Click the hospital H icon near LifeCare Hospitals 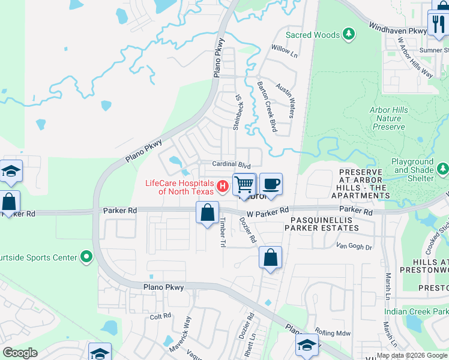pyautogui.click(x=223, y=187)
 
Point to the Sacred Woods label pyautogui.click(x=313, y=35)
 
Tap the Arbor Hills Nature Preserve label pyautogui.click(x=388, y=118)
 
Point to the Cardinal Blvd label pyautogui.click(x=231, y=164)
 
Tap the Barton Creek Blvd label pyautogui.click(x=267, y=107)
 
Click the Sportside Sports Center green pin pyautogui.click(x=86, y=257)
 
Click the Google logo pyautogui.click(x=20, y=353)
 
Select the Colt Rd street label pyautogui.click(x=160, y=316)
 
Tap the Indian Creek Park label pyautogui.click(x=417, y=312)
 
